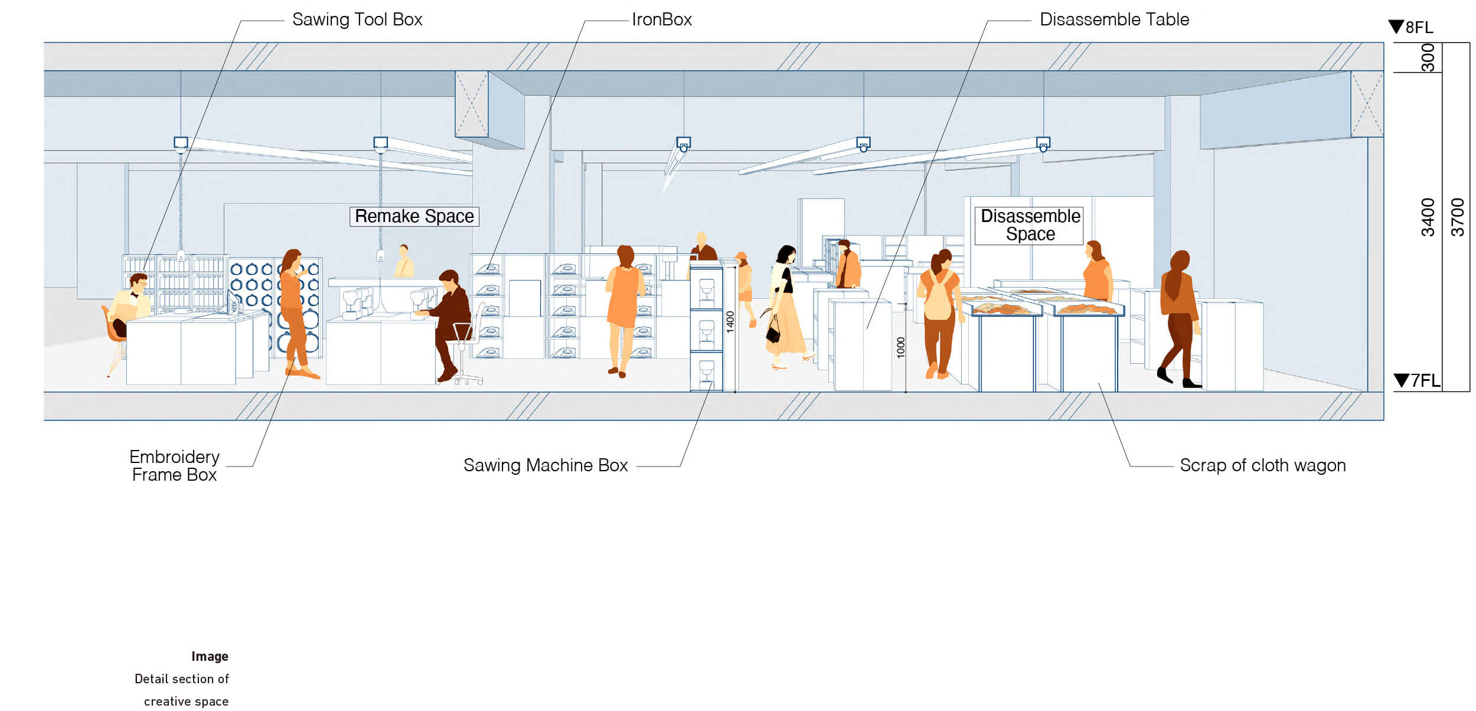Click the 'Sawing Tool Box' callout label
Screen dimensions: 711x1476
coord(357,19)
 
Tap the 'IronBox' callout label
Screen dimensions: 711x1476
coord(661,19)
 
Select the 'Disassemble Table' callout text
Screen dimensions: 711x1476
coord(1114,19)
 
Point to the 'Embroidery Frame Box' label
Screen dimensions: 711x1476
coord(174,466)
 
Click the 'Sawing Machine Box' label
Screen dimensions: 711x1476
coord(546,465)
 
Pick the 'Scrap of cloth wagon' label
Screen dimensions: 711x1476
coord(1262,465)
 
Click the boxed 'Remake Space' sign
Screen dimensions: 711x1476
coord(414,217)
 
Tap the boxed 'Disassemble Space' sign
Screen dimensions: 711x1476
coord(1030,225)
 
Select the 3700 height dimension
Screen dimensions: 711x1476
coord(1457,217)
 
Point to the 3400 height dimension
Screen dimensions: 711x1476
coord(1428,217)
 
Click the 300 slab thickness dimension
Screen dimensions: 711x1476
coord(1428,57)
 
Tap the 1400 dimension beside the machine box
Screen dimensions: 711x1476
coord(730,322)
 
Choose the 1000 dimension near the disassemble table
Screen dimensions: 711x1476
coord(900,347)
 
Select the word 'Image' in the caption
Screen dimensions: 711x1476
coord(210,656)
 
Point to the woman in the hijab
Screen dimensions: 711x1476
coord(1178,313)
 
